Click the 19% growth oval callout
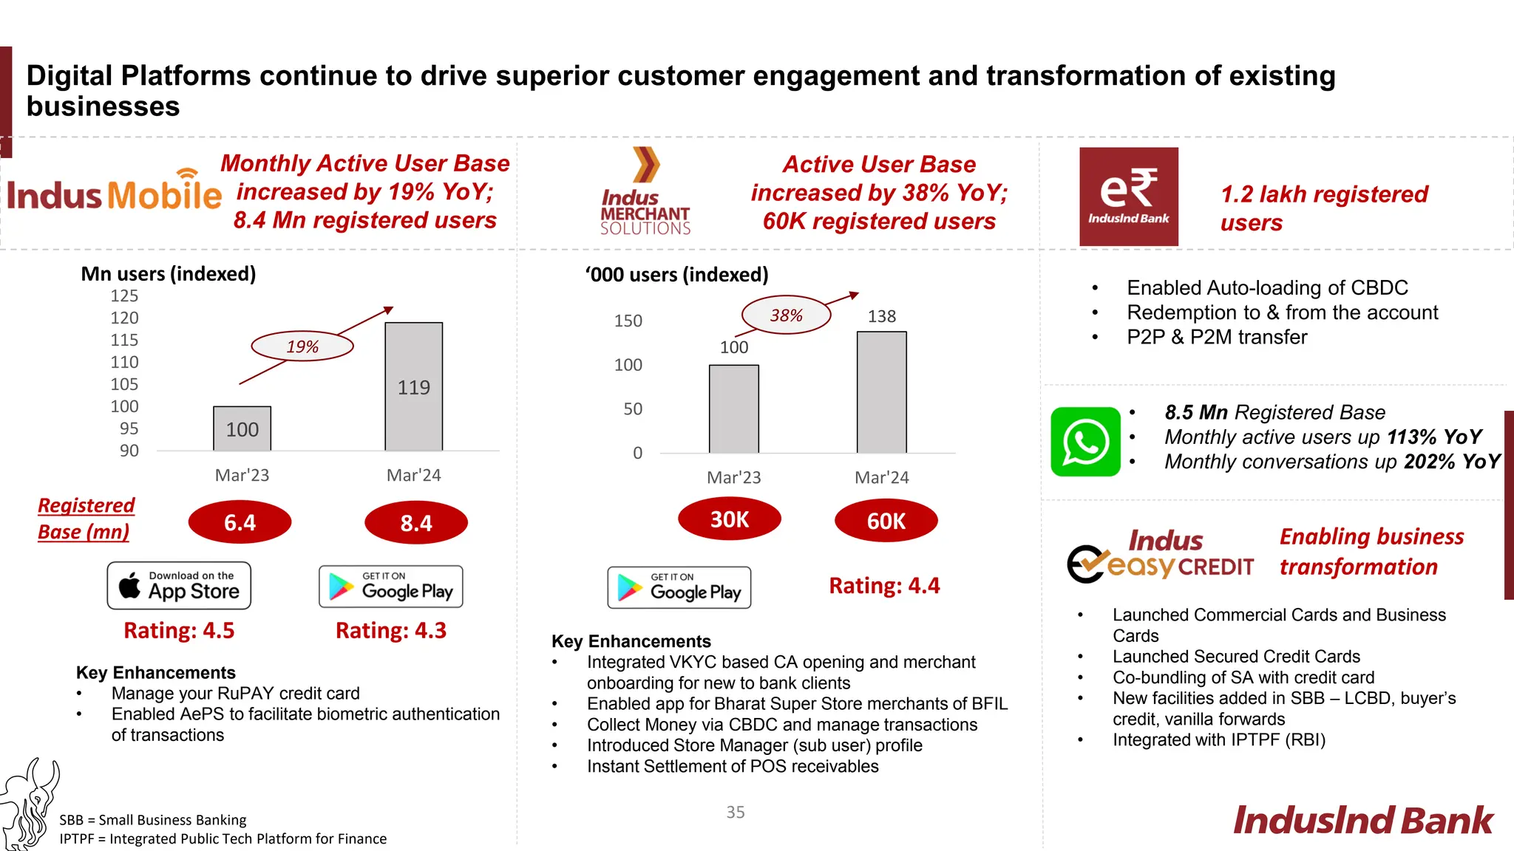tap(302, 346)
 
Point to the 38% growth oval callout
tap(786, 315)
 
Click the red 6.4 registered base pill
tap(240, 522)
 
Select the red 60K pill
tap(886, 521)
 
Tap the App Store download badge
tap(179, 586)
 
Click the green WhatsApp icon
tap(1085, 442)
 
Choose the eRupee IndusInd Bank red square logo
tap(1128, 196)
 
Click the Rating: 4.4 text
tap(884, 586)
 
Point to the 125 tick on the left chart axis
tap(124, 296)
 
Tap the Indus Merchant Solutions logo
tap(645, 192)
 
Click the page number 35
tap(735, 812)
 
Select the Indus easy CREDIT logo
tap(1161, 556)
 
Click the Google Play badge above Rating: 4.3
tap(390, 587)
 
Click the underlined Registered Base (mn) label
tap(86, 519)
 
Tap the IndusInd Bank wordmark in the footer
tap(1362, 821)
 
